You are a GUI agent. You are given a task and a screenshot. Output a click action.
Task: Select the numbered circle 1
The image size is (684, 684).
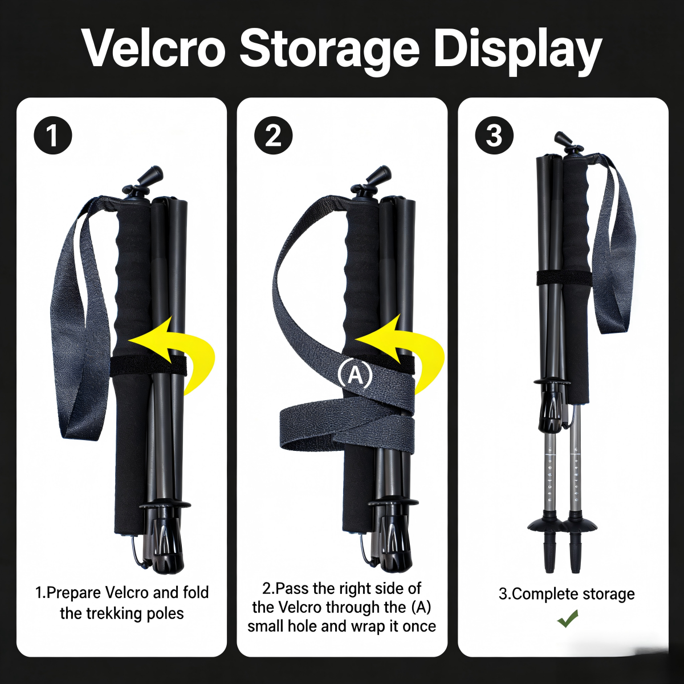tap(53, 136)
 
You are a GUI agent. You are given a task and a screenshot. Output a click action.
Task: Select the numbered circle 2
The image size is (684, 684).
tap(274, 136)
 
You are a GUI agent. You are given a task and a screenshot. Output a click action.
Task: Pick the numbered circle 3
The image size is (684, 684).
tap(494, 136)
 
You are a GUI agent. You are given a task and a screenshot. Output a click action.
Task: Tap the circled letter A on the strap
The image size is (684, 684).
tap(355, 375)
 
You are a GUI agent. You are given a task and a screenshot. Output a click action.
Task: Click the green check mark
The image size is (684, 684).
tap(567, 618)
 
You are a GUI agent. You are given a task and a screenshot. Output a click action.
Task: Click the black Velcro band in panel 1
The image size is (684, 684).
tap(148, 365)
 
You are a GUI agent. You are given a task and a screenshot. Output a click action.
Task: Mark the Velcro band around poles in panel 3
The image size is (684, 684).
tap(564, 278)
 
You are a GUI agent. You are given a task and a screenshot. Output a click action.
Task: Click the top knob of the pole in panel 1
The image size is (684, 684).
tap(152, 175)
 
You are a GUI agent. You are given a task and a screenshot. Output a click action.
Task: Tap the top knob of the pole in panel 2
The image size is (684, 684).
tap(380, 175)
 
